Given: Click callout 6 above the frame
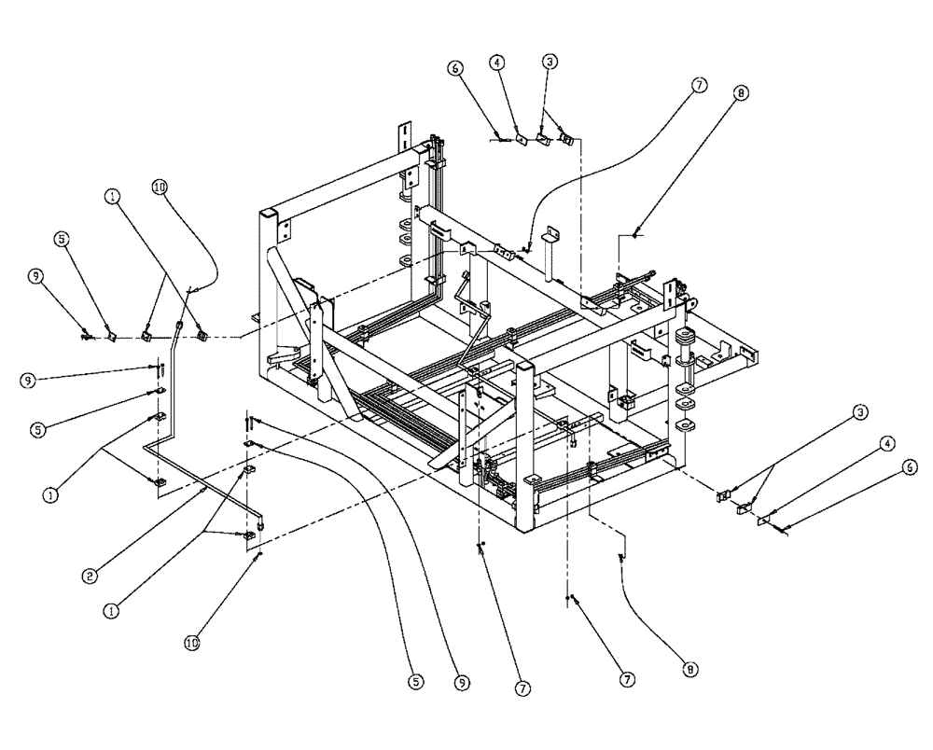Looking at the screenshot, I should coord(454,68).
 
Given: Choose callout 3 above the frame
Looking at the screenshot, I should coord(550,61).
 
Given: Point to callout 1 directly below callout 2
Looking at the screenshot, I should coord(111,611).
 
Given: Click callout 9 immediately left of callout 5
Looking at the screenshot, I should coord(35,276).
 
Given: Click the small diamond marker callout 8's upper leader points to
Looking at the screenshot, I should coord(635,237).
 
